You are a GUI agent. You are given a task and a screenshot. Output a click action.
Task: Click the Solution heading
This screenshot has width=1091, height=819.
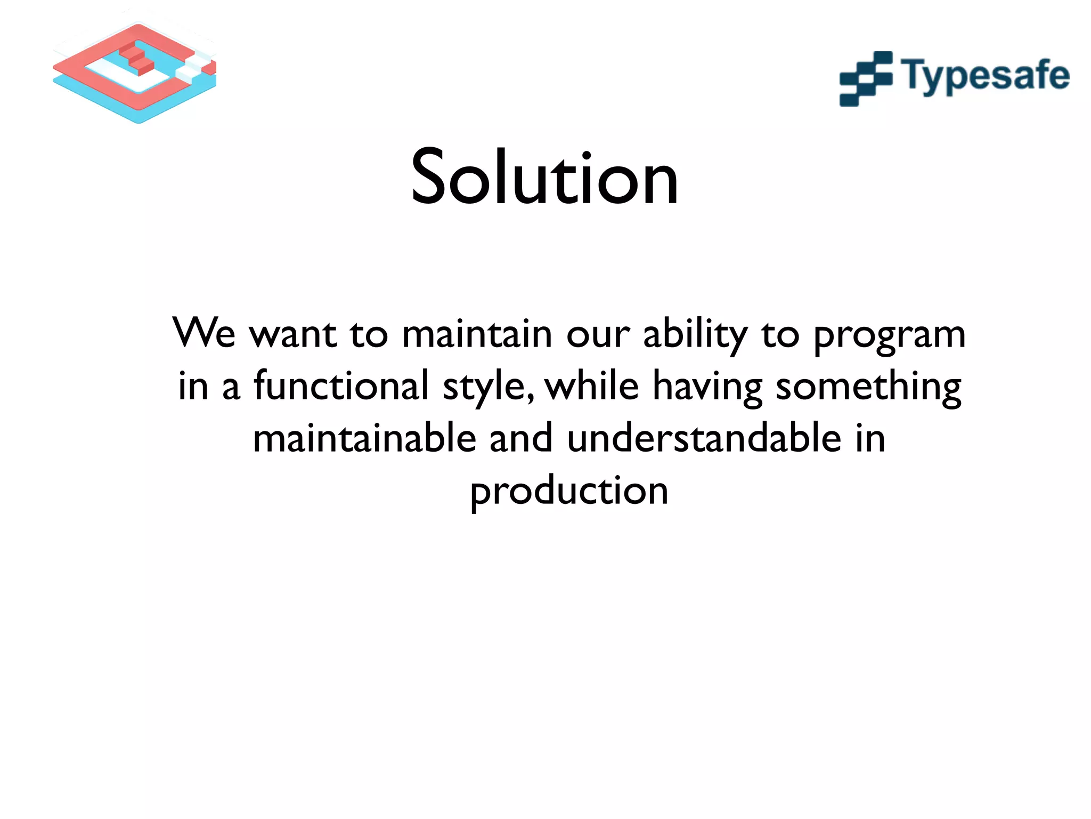[544, 177]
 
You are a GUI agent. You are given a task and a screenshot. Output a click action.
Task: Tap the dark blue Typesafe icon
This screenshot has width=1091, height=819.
[866, 79]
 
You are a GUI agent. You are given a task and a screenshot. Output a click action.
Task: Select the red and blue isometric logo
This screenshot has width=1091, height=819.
[135, 73]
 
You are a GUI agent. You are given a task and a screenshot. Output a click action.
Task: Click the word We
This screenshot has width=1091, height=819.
[204, 333]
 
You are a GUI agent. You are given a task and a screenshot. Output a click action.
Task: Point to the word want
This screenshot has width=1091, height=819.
[293, 334]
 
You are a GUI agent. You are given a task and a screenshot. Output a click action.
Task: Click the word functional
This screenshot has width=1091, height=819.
[341, 386]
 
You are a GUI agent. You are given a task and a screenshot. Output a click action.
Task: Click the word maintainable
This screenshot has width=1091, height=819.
[364, 438]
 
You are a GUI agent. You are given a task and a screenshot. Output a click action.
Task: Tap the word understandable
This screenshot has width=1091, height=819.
[704, 438]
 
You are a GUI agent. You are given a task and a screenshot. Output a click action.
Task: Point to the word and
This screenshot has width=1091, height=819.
[520, 438]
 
